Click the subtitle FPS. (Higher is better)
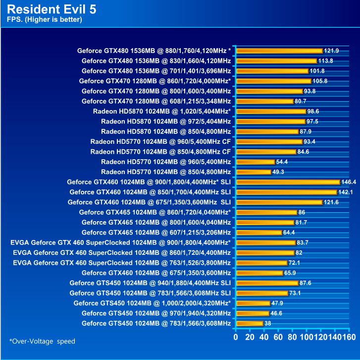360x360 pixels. [x=45, y=20]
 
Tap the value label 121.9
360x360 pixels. [x=331, y=51]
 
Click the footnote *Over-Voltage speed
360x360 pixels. [x=42, y=341]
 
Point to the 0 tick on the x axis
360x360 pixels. [x=236, y=338]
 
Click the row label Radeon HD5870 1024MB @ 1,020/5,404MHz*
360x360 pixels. [x=161, y=111]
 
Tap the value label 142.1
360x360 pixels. [x=345, y=192]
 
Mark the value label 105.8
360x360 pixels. [x=319, y=81]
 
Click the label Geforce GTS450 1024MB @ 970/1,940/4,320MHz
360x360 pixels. [x=156, y=313]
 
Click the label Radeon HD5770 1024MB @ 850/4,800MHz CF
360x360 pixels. [x=160, y=152]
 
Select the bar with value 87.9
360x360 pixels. [x=268, y=131]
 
